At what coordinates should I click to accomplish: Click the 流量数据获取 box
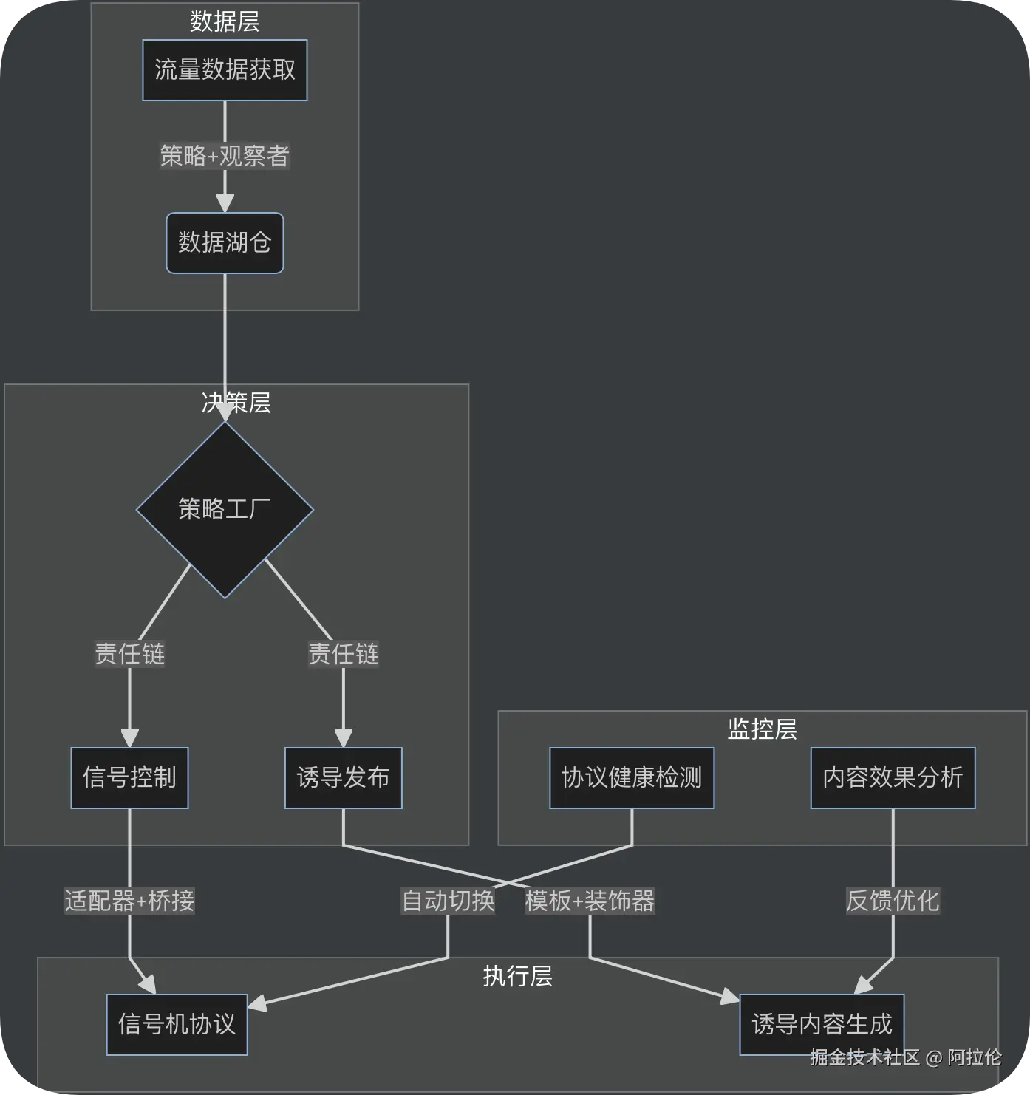pos(225,70)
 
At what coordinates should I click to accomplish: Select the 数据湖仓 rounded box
pos(225,243)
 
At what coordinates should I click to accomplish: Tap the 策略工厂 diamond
pos(225,510)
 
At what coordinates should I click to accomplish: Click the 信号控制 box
pos(129,778)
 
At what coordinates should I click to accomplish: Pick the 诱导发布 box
pos(344,778)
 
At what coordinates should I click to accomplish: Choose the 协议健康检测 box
pos(632,778)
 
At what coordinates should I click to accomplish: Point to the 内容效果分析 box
pos(893,778)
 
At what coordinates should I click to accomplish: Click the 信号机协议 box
pos(177,1024)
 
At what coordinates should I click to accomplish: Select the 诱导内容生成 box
pos(822,1024)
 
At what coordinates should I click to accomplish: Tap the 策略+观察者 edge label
pos(225,156)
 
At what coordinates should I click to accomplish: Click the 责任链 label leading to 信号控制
pos(129,654)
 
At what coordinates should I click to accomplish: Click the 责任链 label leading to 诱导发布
pos(344,654)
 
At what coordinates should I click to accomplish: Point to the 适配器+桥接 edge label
pos(129,901)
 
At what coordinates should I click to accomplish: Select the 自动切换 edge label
pos(448,901)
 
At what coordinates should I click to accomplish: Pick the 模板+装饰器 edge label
pos(590,901)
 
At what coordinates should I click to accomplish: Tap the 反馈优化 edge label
pos(893,901)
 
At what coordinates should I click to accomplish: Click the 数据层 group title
pos(225,22)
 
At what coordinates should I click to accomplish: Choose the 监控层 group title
pos(763,729)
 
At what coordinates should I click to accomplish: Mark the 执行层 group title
pos(518,977)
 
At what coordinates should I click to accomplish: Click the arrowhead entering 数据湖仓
pos(225,203)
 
